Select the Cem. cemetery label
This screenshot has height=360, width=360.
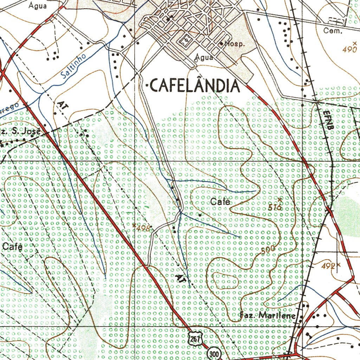[333, 31]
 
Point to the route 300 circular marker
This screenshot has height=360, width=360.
[213, 353]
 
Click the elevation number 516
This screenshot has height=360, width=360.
[275, 207]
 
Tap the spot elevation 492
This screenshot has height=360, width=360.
[328, 266]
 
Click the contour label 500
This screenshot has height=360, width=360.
[268, 250]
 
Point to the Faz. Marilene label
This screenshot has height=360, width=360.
[268, 315]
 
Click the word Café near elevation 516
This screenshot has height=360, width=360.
[220, 202]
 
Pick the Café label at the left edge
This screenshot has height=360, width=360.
[13, 247]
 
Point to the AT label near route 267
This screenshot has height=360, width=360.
[180, 278]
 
